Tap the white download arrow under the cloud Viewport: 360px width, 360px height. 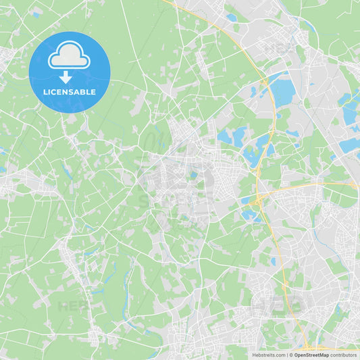coord(66,77)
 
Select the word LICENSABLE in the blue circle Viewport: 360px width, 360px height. coord(69,92)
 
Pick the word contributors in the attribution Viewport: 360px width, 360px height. coord(343,355)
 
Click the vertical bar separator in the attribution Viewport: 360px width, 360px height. coord(287,355)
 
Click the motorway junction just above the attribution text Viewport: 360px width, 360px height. coord(306,343)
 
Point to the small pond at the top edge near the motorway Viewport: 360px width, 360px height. coord(232,18)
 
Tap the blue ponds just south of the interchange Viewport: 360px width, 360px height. coord(251,214)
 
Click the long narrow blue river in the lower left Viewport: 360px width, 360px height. coord(126,297)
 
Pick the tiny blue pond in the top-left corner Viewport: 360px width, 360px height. coord(35,14)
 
